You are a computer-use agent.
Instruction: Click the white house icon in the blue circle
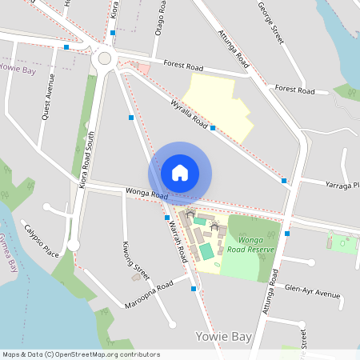180,172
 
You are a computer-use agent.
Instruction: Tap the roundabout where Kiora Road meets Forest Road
104,58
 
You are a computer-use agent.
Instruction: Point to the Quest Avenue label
49,98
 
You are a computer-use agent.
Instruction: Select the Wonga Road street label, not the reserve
146,194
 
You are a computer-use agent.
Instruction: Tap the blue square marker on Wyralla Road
213,127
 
